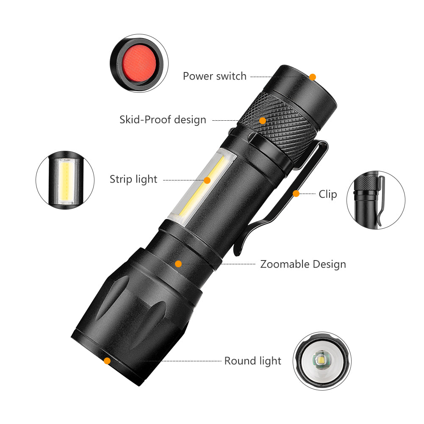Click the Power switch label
[214, 76]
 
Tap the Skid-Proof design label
[163, 120]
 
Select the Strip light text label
[133, 179]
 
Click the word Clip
[328, 194]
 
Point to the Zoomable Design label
[303, 264]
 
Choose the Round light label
[252, 361]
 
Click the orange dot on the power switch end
[313, 77]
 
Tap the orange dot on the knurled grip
[263, 121]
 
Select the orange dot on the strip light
[207, 180]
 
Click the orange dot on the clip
[296, 194]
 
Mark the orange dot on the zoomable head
[178, 264]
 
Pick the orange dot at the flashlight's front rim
[107, 361]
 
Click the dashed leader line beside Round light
[182, 361]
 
